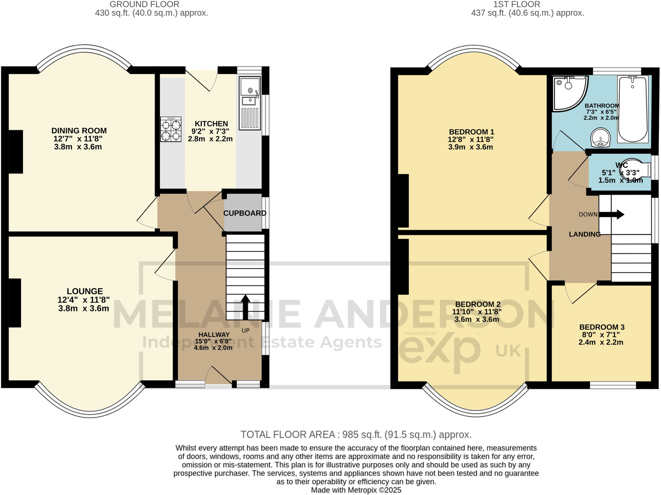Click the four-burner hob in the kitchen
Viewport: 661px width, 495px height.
pos(171,129)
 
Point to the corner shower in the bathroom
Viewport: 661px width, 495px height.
pos(567,92)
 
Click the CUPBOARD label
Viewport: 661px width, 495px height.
pos(244,213)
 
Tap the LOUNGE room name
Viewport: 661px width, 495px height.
pos(85,291)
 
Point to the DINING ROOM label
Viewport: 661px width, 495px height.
pos(79,131)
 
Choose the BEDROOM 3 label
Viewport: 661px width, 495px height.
pos(602,327)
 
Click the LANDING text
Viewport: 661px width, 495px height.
pos(585,234)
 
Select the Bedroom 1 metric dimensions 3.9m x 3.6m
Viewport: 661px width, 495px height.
pos(470,147)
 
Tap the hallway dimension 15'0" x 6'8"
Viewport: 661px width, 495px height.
pos(213,341)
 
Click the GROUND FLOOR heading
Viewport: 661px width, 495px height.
pos(144,4)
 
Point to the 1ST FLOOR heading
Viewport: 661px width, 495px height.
pos(516,4)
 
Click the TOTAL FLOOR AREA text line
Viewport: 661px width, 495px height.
pos(356,434)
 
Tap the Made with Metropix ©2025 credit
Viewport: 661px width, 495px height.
pos(356,490)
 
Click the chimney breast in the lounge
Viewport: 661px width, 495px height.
pos(15,303)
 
